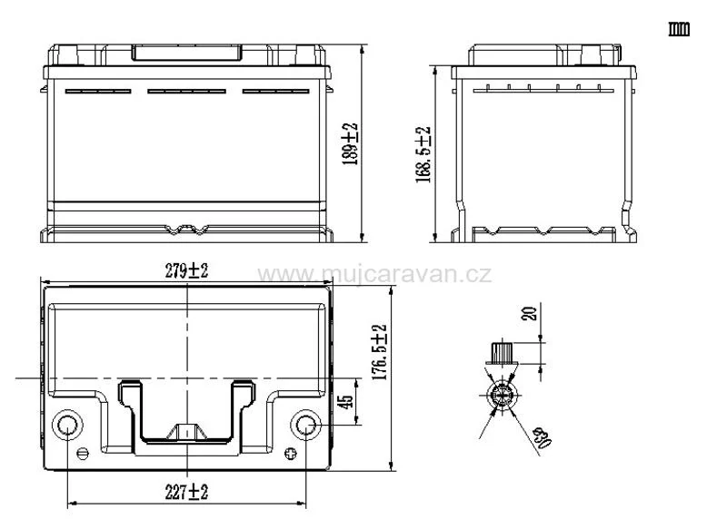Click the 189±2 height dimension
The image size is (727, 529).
pyautogui.click(x=352, y=142)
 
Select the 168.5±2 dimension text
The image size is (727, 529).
pyautogui.click(x=423, y=154)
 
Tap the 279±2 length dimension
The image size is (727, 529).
pyautogui.click(x=186, y=270)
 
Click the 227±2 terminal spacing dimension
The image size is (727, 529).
pyautogui.click(x=187, y=492)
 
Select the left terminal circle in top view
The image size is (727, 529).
pyautogui.click(x=68, y=425)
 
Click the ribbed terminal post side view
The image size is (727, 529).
pyautogui.click(x=502, y=351)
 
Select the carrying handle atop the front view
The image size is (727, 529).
pyautogui.click(x=187, y=52)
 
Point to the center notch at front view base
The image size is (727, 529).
pyautogui.click(x=187, y=230)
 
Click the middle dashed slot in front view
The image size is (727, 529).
pyautogui.click(x=187, y=91)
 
